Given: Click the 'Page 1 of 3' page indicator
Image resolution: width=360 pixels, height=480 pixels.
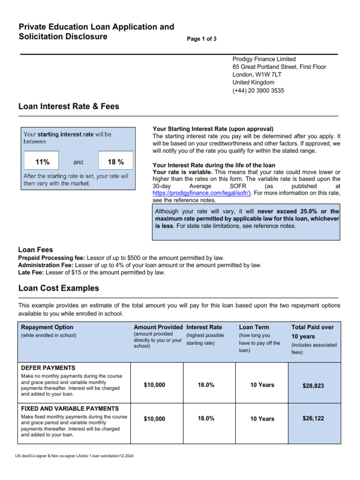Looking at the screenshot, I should pyautogui.click(x=202, y=39).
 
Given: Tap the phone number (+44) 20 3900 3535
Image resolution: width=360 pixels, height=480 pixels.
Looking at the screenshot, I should pyautogui.click(x=258, y=90).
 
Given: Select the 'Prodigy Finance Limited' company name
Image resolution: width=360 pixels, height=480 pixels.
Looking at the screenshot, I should pyautogui.click(x=264, y=59).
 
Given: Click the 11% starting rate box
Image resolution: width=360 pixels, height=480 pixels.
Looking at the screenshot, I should pyautogui.click(x=42, y=162).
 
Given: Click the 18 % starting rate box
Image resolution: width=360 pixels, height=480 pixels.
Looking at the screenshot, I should pyautogui.click(x=115, y=162).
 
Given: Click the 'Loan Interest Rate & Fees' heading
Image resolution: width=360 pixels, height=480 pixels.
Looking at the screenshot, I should pyautogui.click(x=68, y=106).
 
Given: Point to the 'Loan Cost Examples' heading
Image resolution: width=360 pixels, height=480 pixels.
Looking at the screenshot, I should pyautogui.click(x=59, y=288).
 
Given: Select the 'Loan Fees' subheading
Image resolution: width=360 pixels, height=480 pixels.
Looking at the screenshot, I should pyautogui.click(x=36, y=250).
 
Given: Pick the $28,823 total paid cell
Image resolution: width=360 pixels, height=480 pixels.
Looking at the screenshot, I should pyautogui.click(x=314, y=386).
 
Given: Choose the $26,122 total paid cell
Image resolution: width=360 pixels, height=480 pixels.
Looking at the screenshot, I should pyautogui.click(x=314, y=418).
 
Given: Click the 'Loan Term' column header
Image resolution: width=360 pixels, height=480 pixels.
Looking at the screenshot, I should pyautogui.click(x=255, y=327).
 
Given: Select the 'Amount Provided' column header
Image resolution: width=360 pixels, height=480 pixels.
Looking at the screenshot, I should pyautogui.click(x=158, y=327).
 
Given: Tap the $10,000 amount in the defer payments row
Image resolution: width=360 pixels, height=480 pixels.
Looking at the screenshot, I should pyautogui.click(x=154, y=385).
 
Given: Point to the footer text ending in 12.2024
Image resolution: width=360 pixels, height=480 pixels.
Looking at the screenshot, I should pyautogui.click(x=74, y=456).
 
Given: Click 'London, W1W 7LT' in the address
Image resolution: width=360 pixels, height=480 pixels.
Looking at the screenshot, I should pyautogui.click(x=257, y=75).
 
